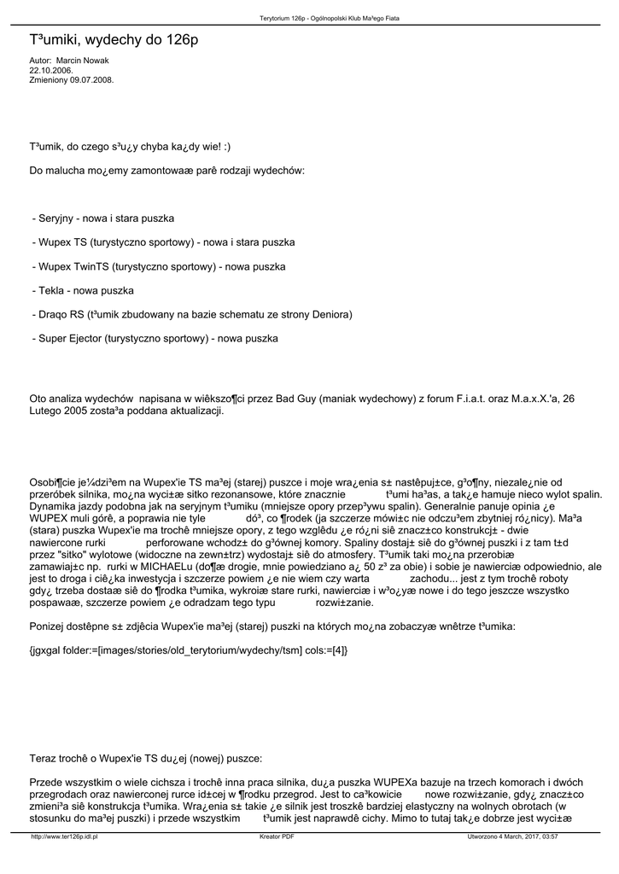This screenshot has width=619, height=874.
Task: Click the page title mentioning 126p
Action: coord(114,40)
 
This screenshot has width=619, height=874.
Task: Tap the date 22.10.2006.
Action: coord(52,70)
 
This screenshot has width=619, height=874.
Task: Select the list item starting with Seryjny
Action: coord(103,219)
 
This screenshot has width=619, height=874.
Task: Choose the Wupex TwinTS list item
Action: coord(159,267)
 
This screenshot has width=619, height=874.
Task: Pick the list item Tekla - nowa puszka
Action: coord(83,291)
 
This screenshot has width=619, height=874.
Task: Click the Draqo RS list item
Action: coord(192,315)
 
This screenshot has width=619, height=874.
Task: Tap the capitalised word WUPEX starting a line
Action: coord(54,518)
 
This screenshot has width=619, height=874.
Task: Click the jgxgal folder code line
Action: coord(189,650)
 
